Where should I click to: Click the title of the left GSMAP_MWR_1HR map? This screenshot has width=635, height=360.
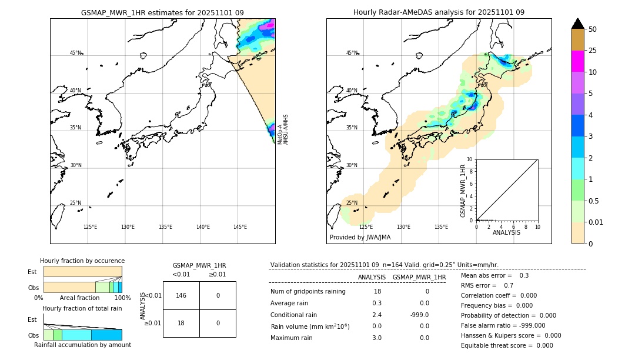162,12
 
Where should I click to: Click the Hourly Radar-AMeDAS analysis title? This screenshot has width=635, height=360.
439,12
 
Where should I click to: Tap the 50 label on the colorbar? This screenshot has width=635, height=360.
593,29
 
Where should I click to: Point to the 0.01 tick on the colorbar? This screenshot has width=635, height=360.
596,222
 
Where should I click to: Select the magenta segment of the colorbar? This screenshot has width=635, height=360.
577,61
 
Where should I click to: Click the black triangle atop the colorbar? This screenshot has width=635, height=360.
577,24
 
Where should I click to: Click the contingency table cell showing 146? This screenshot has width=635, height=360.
181,295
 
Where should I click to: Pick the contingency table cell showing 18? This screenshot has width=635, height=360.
181,323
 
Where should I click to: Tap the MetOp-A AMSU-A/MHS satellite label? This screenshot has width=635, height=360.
283,129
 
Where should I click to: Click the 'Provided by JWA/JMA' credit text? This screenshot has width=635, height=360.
360,237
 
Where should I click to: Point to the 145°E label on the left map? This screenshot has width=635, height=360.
240,227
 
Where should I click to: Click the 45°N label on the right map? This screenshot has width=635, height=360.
352,53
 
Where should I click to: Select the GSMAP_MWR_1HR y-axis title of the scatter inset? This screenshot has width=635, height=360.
463,191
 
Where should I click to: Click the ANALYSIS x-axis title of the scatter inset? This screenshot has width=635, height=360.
506,232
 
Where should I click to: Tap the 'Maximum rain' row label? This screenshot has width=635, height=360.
293,338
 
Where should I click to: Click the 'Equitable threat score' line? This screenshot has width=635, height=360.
507,345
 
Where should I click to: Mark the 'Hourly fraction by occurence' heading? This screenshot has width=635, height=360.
82,261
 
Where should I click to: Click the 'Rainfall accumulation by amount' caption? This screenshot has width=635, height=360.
82,345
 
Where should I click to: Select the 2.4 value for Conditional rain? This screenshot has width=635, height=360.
377,315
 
